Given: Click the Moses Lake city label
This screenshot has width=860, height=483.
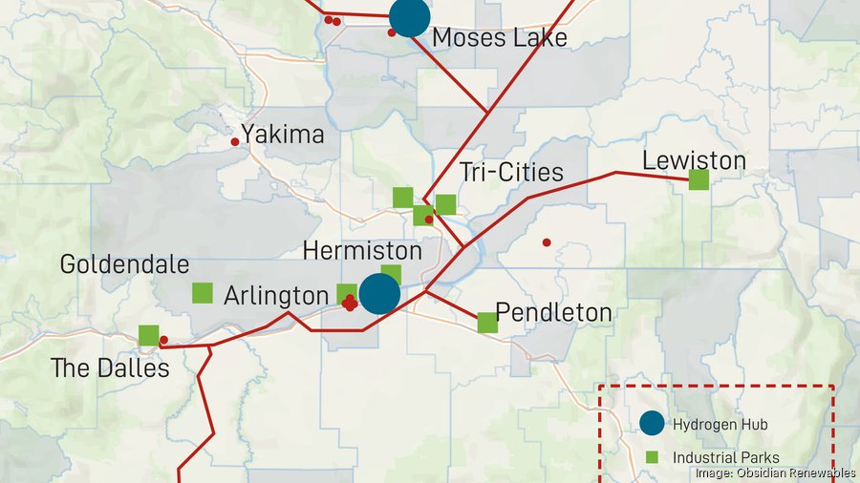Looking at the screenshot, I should pos(499,37).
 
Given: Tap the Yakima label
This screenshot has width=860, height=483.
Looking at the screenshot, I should pos(282,135).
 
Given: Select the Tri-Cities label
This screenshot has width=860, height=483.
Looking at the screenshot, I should pos(511,173).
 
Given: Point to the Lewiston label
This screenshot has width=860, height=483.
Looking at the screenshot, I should pos(694,159).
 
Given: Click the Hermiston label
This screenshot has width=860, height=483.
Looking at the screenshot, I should pos(361,251).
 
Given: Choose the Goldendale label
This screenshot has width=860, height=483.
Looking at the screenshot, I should pos(124,264).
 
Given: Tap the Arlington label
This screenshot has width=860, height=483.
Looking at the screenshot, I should pos(275,296).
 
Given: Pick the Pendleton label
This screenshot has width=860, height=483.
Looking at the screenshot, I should pos(554,313).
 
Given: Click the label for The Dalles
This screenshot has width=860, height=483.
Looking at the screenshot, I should pos(110,367).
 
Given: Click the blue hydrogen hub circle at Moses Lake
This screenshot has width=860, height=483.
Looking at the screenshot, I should pos(409,16).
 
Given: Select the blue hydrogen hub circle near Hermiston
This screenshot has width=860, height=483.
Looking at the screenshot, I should pos(379,294).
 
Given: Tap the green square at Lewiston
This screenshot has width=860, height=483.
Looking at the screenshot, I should pos(699,179).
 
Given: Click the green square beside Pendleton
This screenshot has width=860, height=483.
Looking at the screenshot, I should pos(487,323).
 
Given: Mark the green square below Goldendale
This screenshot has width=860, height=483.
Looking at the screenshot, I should pos(203,293).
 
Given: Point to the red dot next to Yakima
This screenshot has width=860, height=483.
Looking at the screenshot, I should pos(235,142).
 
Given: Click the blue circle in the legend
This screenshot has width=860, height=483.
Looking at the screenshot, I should pos(652,424).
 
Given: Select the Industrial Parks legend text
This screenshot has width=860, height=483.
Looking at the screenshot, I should pos(725,457).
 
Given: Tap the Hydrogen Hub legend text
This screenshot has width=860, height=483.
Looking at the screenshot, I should pos(720,424).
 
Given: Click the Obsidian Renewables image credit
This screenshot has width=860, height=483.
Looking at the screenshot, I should pos(775,472).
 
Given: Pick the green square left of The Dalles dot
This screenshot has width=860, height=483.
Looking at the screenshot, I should pos(148,335).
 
